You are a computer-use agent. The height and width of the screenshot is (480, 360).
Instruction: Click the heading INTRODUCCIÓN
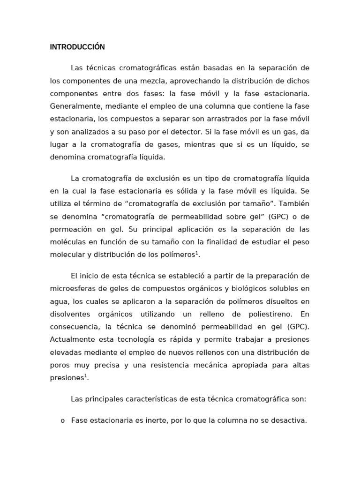[x=77, y=47]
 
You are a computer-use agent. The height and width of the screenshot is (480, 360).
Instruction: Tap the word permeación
[x=71, y=229]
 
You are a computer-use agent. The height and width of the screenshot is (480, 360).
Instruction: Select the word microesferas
[x=70, y=288]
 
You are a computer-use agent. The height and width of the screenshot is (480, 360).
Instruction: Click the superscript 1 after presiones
[x=86, y=375]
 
